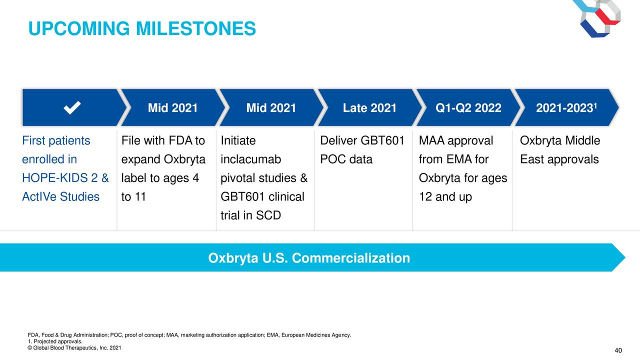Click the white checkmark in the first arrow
72,107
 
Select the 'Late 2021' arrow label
369,108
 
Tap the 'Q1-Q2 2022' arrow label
468,108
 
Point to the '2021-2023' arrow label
564,108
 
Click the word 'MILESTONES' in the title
195,28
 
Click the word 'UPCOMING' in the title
79,28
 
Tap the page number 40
618,350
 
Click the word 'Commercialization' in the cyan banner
351,258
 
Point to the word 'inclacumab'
251,159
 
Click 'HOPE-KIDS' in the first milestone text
55,178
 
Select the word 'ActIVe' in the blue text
39,197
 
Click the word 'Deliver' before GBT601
338,140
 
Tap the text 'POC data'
346,159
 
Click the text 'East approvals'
559,159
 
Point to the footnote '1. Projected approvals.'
55,341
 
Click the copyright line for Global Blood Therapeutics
74,348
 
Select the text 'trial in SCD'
251,215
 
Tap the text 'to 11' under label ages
133,197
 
